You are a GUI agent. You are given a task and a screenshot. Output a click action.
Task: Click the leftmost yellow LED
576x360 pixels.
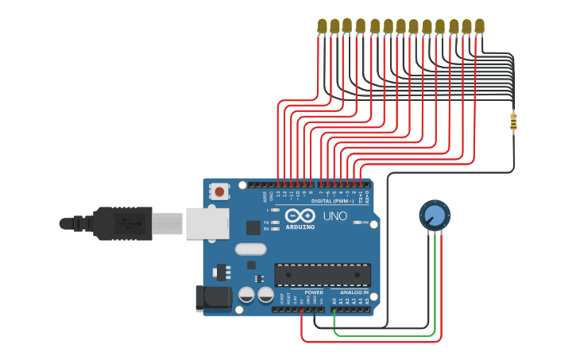(x=322, y=26)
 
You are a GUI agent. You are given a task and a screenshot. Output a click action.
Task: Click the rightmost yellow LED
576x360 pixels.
(x=479, y=26)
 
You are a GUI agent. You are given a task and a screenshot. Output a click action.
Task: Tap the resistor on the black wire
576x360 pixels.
(x=513, y=122)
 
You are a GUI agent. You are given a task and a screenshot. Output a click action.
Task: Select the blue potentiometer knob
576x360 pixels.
(x=435, y=215)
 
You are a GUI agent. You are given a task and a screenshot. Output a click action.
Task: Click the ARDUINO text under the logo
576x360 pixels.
(x=300, y=226)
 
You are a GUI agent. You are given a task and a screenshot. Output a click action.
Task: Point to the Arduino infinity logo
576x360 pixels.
(x=300, y=215)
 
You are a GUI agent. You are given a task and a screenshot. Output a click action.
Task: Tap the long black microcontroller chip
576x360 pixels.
(x=322, y=274)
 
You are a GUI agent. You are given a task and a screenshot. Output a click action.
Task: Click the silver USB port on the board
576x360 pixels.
(x=207, y=223)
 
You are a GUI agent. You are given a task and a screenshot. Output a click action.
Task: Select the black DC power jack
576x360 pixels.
(x=213, y=298)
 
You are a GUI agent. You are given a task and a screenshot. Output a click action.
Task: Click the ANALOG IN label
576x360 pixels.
(x=354, y=292)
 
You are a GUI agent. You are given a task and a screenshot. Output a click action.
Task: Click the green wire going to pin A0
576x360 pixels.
(x=385, y=335)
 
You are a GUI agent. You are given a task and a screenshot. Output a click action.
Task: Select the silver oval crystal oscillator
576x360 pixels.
(x=250, y=249)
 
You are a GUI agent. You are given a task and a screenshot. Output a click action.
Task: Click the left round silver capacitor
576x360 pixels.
(x=246, y=296)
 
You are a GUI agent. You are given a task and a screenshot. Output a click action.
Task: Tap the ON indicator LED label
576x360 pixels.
(x=365, y=223)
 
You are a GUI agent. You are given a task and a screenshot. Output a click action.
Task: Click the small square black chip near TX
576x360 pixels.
(x=253, y=227)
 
